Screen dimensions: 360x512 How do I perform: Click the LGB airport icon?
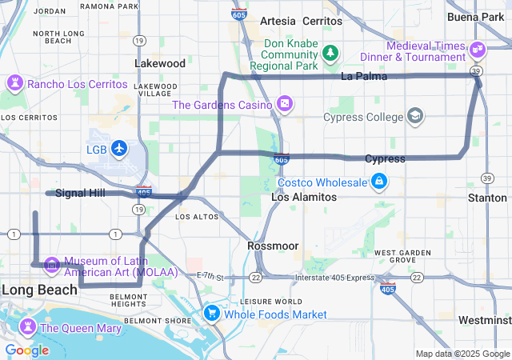coord(119,148)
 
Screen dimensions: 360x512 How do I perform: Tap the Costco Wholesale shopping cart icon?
coord(379,182)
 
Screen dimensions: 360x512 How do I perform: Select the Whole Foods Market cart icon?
coord(212,313)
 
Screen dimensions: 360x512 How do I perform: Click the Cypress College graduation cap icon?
coord(415,117)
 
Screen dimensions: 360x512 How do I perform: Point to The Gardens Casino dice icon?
coord(284,104)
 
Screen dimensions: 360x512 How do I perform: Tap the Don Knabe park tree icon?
coord(329,53)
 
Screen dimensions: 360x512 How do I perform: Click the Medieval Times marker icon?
coord(478,49)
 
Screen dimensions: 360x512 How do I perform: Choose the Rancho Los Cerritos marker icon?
coord(15,83)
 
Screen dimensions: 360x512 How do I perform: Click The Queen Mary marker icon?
coord(28,327)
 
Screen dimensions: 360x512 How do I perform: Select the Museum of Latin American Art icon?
coord(52,263)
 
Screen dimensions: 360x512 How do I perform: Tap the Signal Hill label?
coord(81,193)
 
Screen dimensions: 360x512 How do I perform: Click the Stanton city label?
coord(487,198)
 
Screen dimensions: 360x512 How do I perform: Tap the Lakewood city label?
coord(160,63)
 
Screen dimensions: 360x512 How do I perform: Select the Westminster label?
coord(485,320)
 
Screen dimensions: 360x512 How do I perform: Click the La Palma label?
coord(363,77)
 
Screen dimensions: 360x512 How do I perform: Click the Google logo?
coord(26,350)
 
